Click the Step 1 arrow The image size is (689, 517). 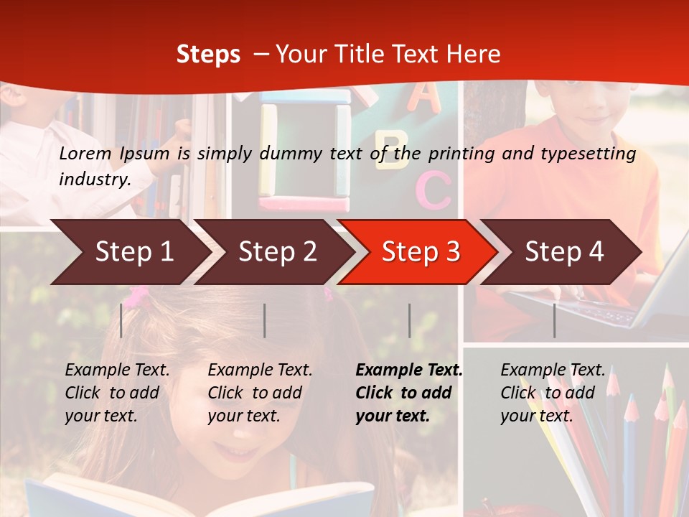(129, 252)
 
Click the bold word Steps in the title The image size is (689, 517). (208, 55)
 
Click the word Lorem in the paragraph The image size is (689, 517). (85, 154)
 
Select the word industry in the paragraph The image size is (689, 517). (94, 180)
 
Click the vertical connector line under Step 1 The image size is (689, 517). (121, 320)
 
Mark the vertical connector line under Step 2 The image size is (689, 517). (265, 320)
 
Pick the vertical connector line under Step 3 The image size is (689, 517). (409, 320)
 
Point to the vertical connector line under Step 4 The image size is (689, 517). (554, 320)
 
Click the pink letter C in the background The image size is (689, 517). (433, 189)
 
